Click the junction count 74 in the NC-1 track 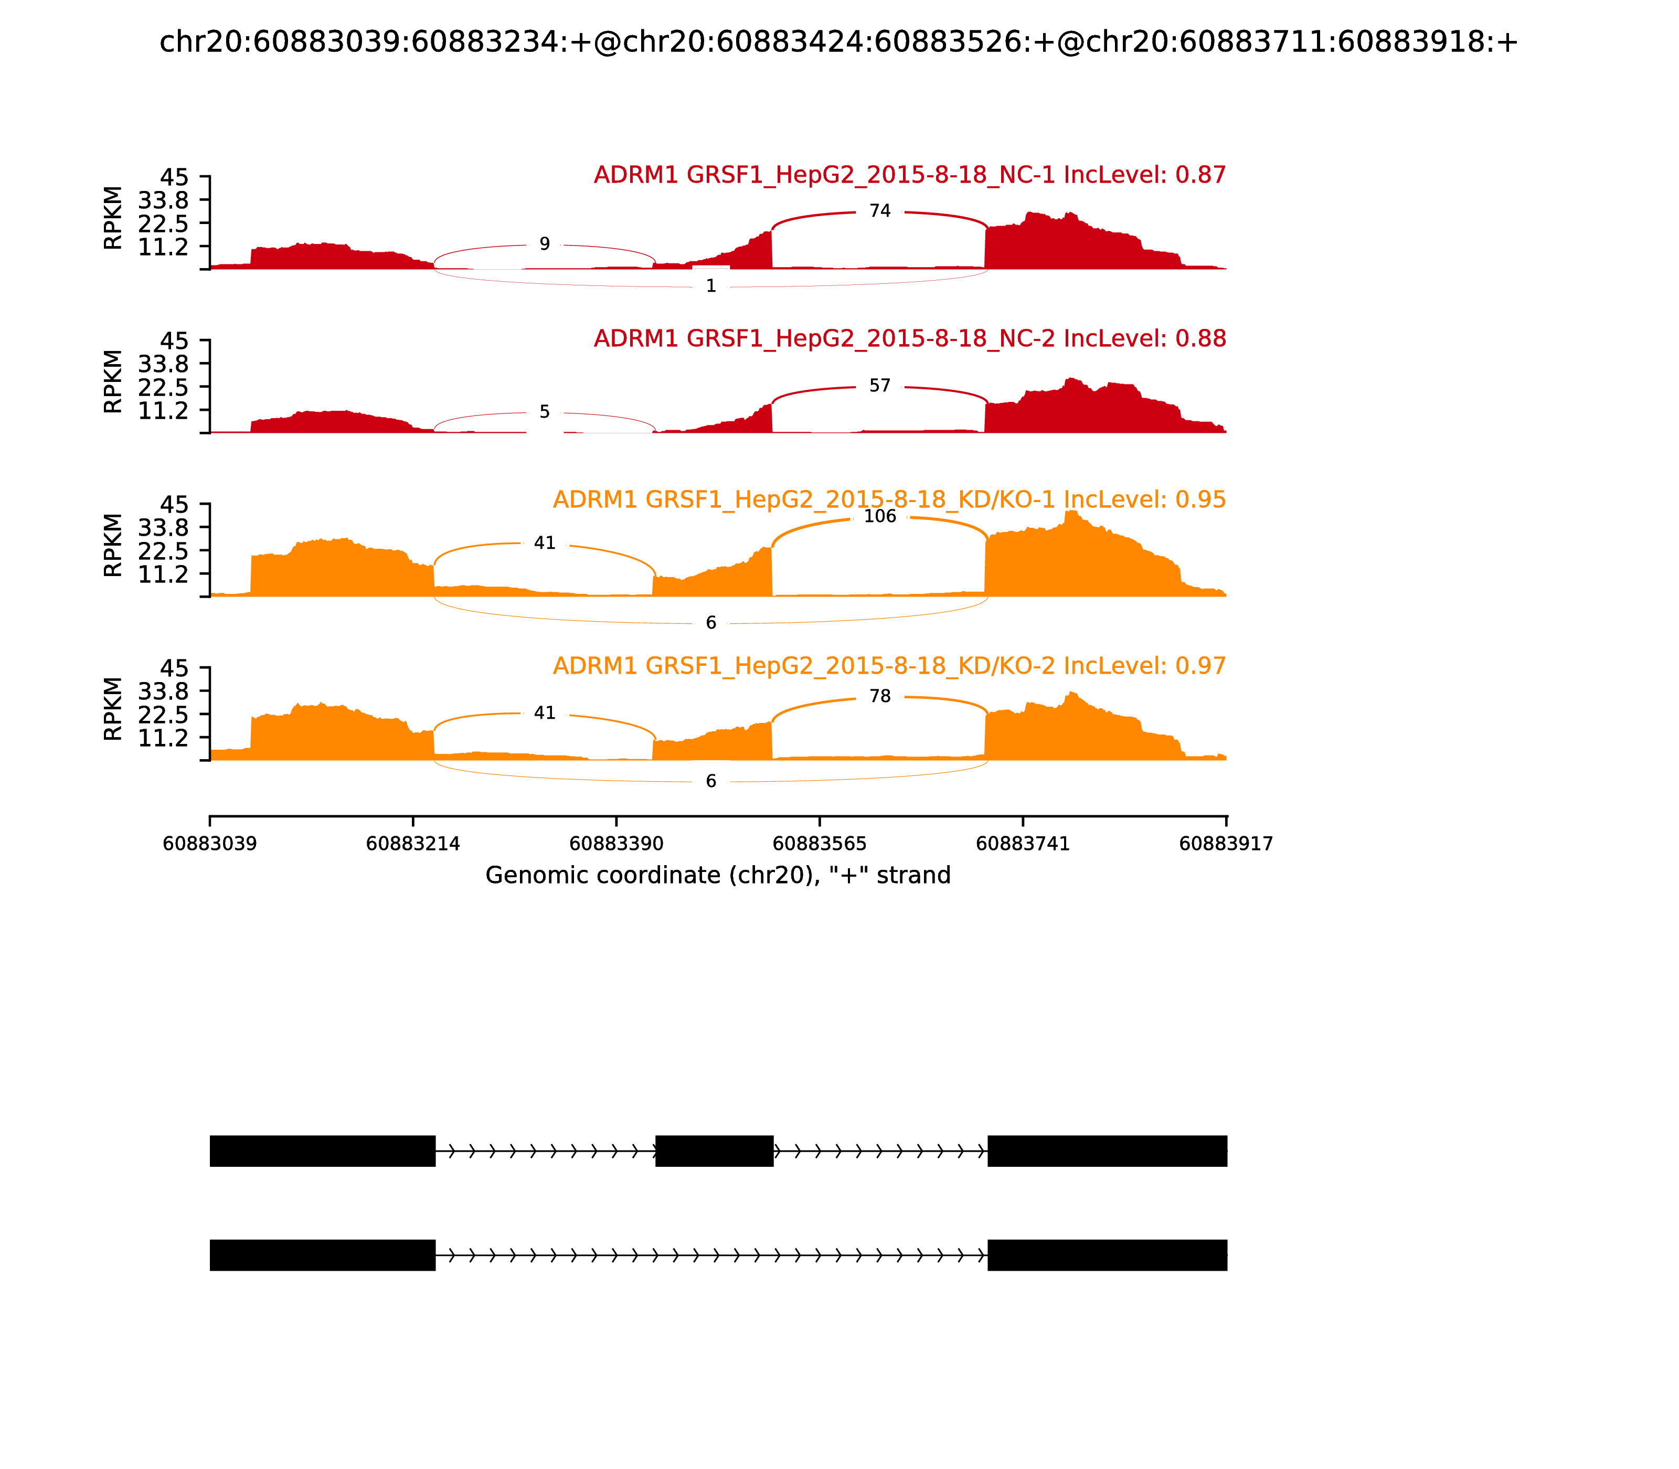880,211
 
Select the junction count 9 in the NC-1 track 545,244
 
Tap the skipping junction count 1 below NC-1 711,286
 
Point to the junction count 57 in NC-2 880,386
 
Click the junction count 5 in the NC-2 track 545,412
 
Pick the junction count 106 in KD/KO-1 880,516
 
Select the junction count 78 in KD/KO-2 880,697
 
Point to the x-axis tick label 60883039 210,844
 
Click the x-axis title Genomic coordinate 718,876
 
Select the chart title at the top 838,42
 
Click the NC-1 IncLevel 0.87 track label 910,175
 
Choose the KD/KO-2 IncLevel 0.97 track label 889,666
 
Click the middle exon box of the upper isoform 714,1151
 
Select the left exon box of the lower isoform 322,1255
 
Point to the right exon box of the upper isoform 1107,1151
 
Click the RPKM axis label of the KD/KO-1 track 113,545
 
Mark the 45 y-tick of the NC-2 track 174,341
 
